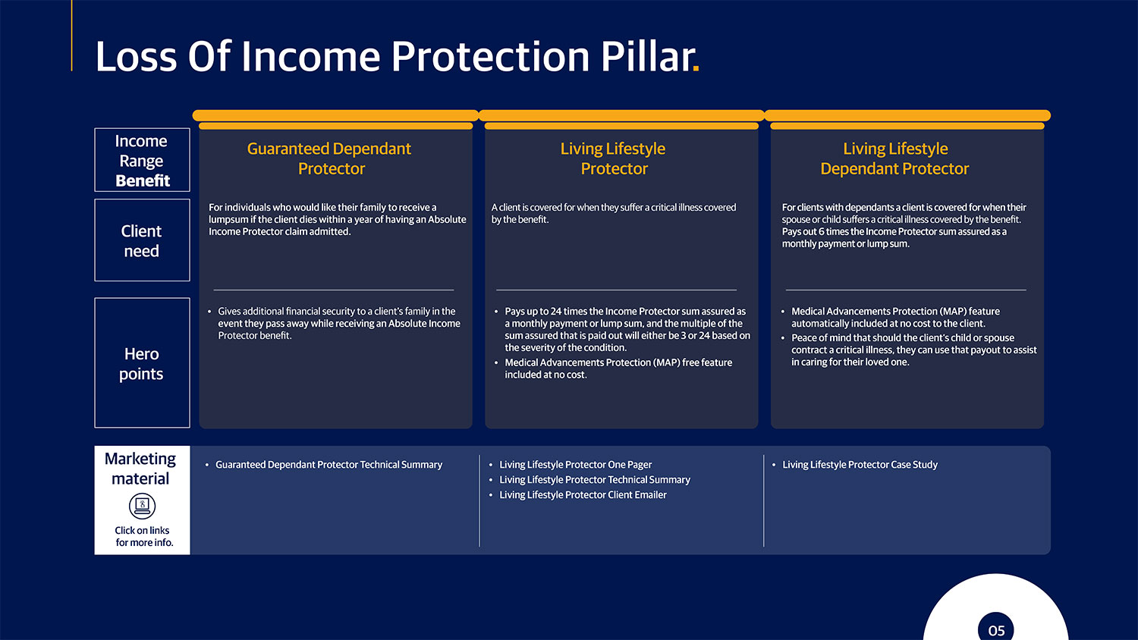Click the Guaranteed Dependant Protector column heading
[329, 158]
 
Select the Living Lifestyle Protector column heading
[613, 158]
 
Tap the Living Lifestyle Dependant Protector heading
[894, 158]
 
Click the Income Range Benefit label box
[142, 160]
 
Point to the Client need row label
[142, 240]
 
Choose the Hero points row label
[142, 363]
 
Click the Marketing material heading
[140, 469]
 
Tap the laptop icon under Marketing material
[142, 506]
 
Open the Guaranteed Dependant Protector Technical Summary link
[329, 465]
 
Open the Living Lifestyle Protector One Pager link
[575, 465]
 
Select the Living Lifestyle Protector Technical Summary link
[594, 480]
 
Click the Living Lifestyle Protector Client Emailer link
[583, 495]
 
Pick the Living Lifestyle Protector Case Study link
[860, 465]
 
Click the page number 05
[996, 630]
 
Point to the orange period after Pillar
[696, 70]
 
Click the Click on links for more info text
[143, 536]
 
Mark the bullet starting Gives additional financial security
[338, 323]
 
